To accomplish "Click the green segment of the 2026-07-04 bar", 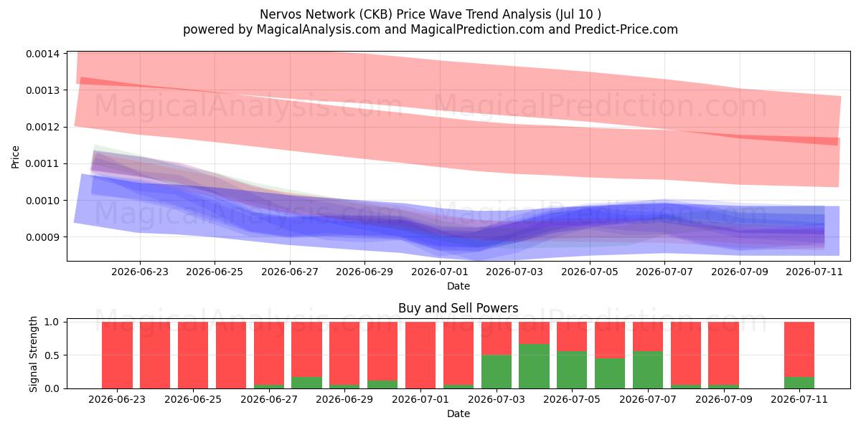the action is tap(534, 366).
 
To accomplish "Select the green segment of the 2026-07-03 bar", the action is tap(497, 372).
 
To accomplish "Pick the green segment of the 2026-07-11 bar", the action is tap(799, 383).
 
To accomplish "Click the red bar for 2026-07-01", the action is tap(420, 355).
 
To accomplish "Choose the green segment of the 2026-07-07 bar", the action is tap(648, 370).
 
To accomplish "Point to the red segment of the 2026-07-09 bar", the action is tap(723, 353).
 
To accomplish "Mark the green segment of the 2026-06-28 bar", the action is tap(306, 383).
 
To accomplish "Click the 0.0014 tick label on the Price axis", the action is tap(42, 54).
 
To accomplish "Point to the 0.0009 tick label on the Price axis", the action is tap(42, 237).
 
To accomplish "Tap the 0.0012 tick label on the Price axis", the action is tap(42, 127).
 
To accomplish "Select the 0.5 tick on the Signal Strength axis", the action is tap(52, 355).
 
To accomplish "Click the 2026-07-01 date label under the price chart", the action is tap(440, 272).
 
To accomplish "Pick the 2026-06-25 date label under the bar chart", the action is tap(193, 399).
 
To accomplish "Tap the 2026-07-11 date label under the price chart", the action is tap(814, 272).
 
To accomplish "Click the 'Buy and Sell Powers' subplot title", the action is tap(458, 308).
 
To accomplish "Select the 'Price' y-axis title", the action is tap(15, 157).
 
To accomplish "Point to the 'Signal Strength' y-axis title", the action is tap(34, 354).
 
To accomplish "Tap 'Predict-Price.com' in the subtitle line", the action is tap(626, 29).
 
